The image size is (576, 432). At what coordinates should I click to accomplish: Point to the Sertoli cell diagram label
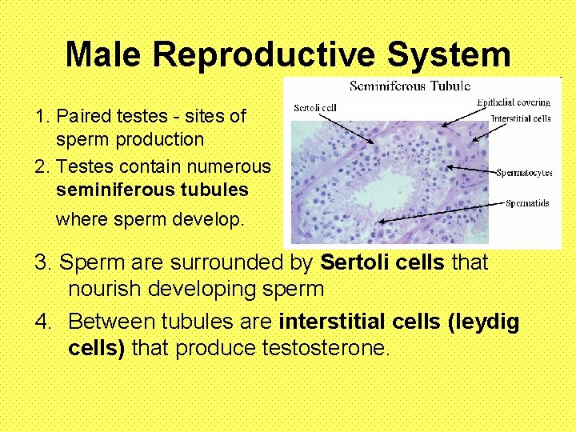315,107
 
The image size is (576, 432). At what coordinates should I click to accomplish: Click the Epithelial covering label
514,102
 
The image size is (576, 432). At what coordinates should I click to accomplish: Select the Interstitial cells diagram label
520,118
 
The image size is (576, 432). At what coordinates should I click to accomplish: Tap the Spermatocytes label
524,172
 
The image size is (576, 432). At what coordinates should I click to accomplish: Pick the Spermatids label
527,203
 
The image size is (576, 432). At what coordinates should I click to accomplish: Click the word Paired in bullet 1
81,116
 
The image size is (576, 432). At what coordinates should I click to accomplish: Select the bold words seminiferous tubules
152,190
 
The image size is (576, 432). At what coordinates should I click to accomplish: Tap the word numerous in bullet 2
228,166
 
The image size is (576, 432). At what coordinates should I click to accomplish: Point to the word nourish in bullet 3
104,289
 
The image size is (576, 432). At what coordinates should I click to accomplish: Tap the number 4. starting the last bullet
46,322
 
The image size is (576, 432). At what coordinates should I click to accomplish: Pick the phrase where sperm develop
150,218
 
